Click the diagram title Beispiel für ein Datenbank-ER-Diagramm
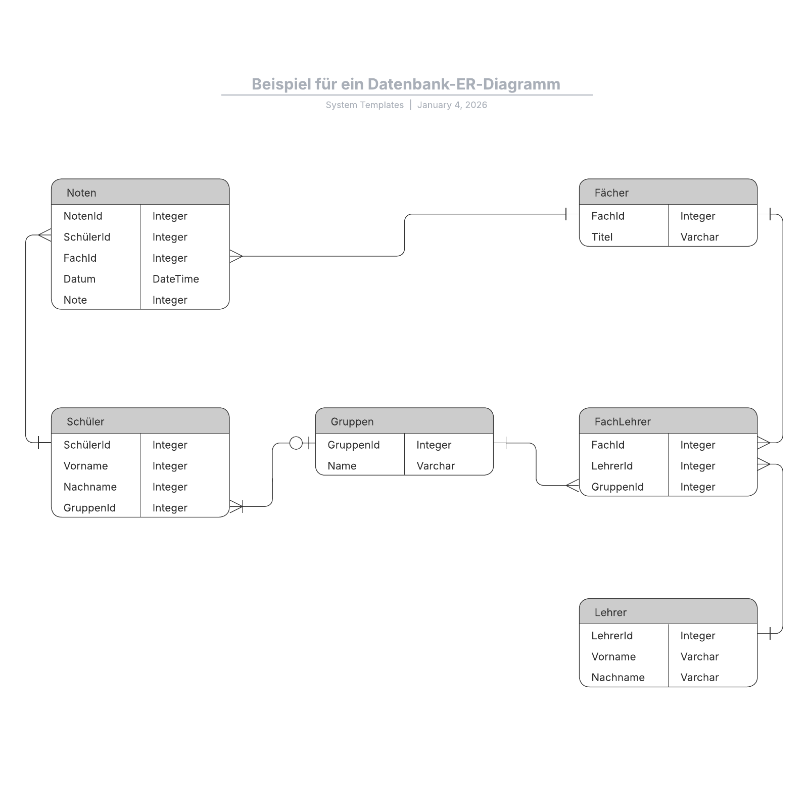click(x=406, y=84)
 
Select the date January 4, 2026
click(x=452, y=105)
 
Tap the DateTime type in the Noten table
click(x=175, y=279)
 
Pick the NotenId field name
click(x=83, y=216)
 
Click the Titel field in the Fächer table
click(x=602, y=237)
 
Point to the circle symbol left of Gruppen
click(x=296, y=443)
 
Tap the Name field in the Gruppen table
click(x=342, y=466)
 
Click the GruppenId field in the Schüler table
click(x=89, y=508)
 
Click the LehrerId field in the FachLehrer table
click(x=611, y=466)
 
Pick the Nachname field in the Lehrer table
click(x=617, y=678)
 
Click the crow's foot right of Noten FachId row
click(x=236, y=256)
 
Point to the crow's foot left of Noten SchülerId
click(x=44, y=235)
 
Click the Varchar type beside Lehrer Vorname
click(x=699, y=657)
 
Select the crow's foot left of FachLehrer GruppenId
click(x=573, y=486)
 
